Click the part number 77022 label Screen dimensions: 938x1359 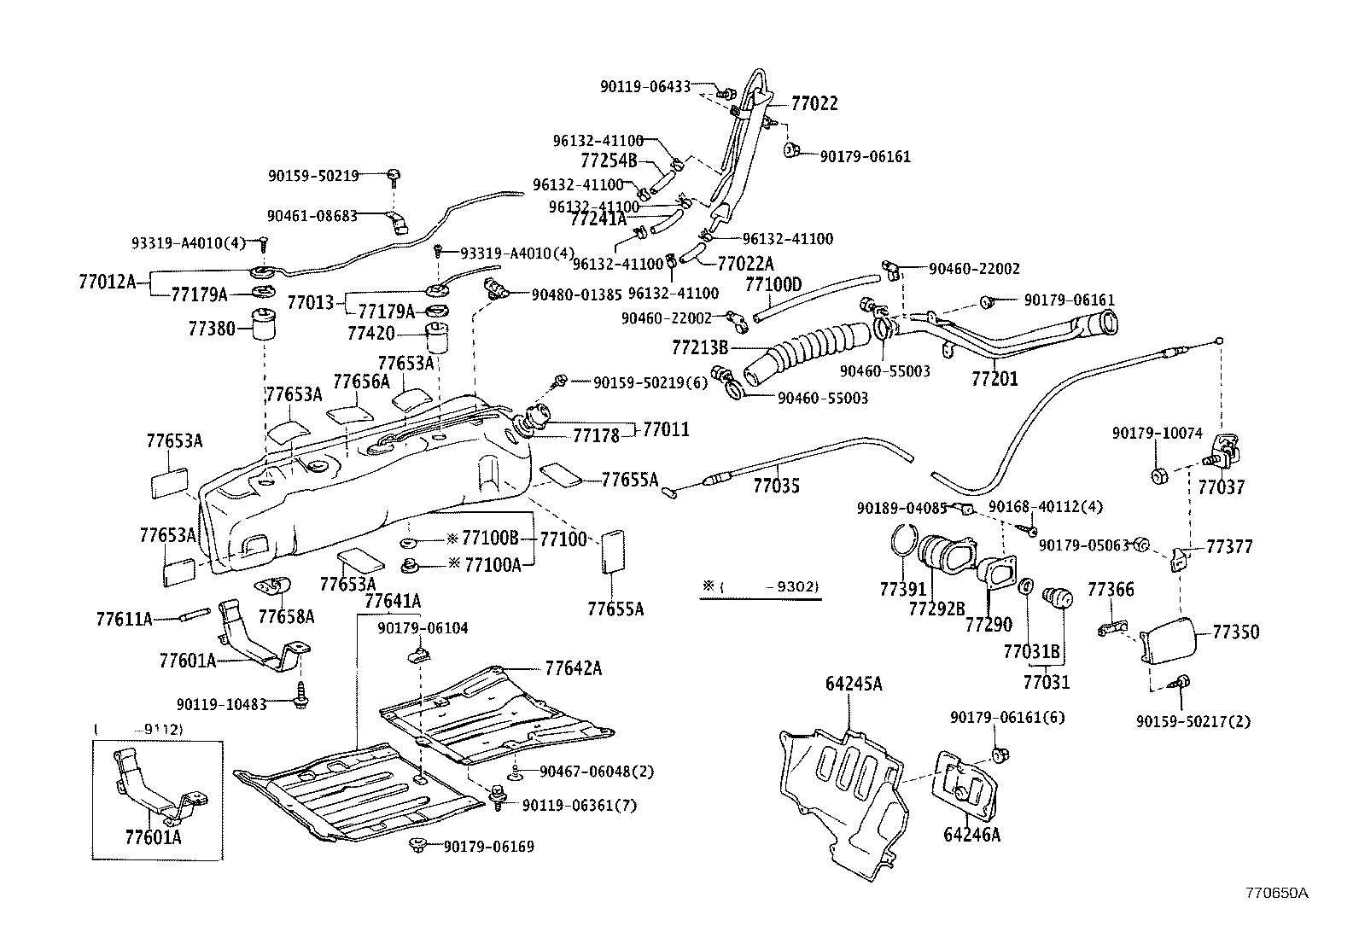[x=814, y=104]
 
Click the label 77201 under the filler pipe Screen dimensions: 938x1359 [x=994, y=378]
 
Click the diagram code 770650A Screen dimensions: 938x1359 [x=1276, y=894]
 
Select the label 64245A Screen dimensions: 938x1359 [x=854, y=684]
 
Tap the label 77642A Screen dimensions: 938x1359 [x=573, y=668]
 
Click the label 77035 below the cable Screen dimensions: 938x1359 [x=777, y=486]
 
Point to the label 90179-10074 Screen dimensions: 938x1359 [x=1157, y=434]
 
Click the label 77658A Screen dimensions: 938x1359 [x=286, y=616]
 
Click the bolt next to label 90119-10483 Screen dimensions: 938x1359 [x=302, y=693]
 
